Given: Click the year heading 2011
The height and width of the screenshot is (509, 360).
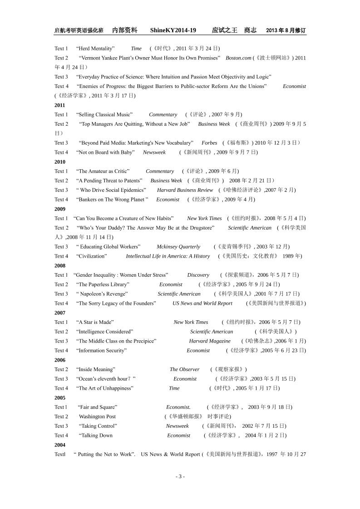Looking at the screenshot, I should (59, 105).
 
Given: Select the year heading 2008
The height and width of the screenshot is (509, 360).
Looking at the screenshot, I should (59, 265).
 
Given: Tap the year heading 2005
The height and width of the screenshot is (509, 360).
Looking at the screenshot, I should (59, 397).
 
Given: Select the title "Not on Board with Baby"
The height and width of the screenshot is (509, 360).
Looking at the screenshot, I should (105, 152).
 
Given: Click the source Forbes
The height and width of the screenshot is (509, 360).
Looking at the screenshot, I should (209, 143).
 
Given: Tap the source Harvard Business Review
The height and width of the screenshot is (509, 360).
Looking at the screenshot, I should (185, 190).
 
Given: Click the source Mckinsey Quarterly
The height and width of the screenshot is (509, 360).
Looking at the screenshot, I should (178, 247).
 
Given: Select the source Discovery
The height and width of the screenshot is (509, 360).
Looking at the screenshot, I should (198, 275).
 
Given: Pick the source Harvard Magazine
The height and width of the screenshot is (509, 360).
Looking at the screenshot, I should (210, 341).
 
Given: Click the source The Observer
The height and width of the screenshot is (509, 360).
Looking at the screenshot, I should (184, 369).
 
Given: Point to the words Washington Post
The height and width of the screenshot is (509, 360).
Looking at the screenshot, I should (97, 416).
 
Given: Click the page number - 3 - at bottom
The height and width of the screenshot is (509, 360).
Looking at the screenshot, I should (180, 476).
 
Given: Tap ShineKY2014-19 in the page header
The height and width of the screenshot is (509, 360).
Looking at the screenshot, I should (173, 30).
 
